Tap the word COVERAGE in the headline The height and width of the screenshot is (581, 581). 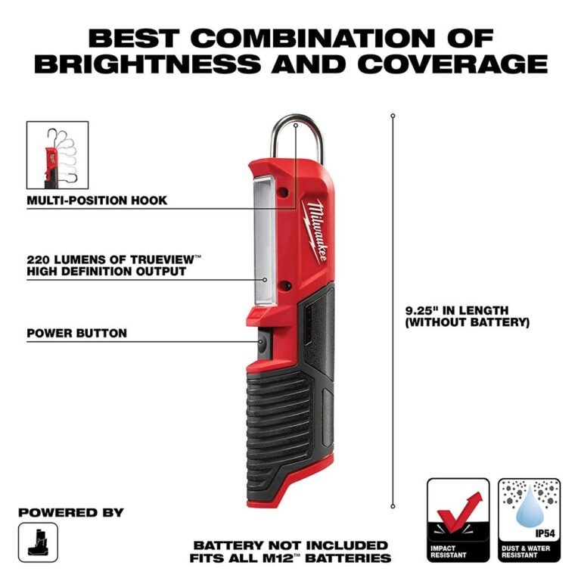(x=452, y=64)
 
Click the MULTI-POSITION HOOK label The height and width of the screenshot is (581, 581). (x=97, y=200)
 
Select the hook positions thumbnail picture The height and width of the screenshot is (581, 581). (x=57, y=155)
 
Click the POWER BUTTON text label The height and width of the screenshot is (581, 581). (x=76, y=333)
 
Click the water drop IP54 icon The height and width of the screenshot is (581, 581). (x=530, y=507)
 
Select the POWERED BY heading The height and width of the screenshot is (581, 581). (x=71, y=512)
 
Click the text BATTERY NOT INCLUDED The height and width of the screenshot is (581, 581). (x=290, y=545)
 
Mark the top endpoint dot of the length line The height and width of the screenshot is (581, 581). (x=393, y=116)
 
